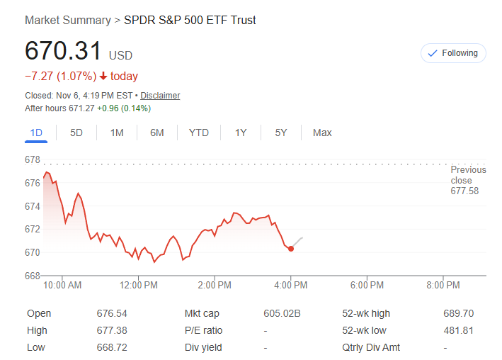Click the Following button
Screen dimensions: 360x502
[453, 53]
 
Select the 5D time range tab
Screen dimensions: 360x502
[76, 133]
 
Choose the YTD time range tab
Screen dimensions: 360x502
[198, 133]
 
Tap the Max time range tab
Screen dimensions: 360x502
[322, 133]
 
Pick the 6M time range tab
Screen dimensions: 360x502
[156, 133]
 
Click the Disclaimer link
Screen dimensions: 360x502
[160, 95]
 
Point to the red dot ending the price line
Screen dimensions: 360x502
[291, 249]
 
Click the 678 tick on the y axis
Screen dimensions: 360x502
[33, 160]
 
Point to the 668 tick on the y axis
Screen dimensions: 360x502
[33, 276]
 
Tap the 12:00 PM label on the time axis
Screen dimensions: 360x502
[139, 286]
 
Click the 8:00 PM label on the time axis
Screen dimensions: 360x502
[443, 286]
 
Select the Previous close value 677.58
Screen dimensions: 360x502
[464, 191]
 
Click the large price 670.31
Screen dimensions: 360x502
[64, 51]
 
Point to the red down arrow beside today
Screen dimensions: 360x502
[103, 77]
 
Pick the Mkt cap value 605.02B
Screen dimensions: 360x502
[282, 313]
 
